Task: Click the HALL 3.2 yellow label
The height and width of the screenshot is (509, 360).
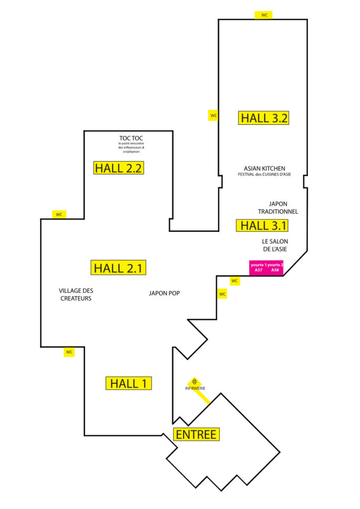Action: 264,118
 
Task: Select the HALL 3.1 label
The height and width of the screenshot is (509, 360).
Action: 262,225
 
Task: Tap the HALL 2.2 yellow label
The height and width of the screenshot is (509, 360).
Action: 118,168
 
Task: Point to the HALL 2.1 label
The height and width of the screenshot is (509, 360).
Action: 118,268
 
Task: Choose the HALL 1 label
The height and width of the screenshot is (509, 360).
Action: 129,383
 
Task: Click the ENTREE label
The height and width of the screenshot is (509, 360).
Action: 196,434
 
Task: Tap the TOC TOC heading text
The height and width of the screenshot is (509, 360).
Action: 131,138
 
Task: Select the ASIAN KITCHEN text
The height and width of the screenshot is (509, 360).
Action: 265,169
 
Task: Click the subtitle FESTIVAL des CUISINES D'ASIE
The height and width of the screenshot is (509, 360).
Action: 265,174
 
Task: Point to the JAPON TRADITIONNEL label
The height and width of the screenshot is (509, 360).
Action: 278,208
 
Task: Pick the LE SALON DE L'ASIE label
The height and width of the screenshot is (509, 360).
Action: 275,245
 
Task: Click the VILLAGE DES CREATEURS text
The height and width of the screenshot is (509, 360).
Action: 76,294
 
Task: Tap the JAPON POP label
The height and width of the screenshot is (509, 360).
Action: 164,293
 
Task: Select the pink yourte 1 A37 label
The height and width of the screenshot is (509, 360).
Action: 258,268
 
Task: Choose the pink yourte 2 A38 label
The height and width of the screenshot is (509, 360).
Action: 275,268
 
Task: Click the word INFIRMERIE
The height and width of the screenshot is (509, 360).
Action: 195,388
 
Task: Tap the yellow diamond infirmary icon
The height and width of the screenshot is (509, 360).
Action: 194,381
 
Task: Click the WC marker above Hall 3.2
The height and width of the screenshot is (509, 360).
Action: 264,15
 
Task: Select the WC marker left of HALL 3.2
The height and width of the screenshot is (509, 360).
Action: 213,115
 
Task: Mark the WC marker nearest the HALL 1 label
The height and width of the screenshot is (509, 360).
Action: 69,352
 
